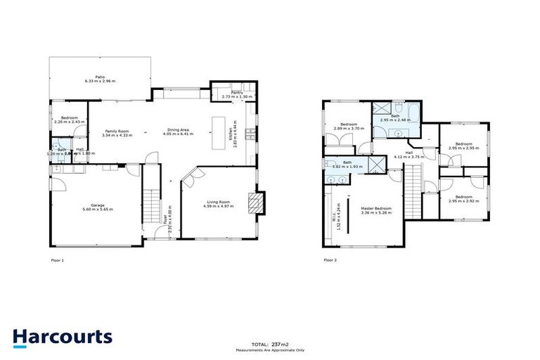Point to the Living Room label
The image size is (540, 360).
[217, 201]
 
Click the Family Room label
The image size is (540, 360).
[117, 131]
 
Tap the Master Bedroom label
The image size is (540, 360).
[377, 208]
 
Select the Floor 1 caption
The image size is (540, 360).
[58, 260]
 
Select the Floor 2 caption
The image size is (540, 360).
[330, 260]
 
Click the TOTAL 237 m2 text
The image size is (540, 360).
[270, 344]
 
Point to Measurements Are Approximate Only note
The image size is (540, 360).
[270, 349]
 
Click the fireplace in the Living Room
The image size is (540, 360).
[258, 202]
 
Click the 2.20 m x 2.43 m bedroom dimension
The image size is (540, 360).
[69, 122]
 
